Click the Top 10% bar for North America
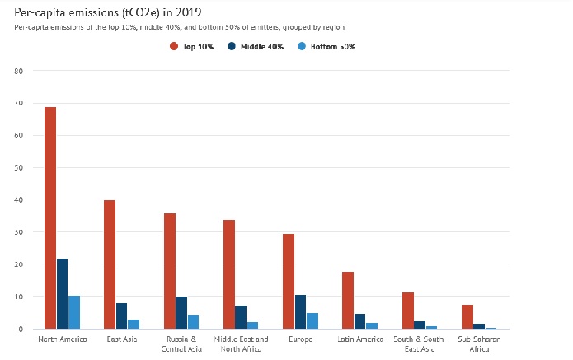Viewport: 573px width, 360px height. [50, 217]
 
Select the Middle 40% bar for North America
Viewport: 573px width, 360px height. [63, 293]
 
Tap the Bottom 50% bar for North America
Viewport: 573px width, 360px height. [74, 312]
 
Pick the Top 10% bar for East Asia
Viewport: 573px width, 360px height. [110, 264]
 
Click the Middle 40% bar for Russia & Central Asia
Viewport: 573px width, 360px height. [181, 313]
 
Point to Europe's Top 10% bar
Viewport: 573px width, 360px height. [289, 281]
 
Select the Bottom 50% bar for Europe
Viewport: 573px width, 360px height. [312, 320]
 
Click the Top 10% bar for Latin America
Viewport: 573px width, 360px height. [348, 300]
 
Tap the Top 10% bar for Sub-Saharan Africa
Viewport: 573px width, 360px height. [467, 316]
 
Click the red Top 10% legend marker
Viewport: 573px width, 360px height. [174, 47]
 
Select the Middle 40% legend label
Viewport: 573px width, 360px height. [262, 47]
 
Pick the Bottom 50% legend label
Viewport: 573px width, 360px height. [335, 47]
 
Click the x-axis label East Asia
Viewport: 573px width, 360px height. [121, 339]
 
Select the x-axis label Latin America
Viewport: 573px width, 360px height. [360, 339]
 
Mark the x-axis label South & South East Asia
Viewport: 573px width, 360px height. [420, 344]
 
